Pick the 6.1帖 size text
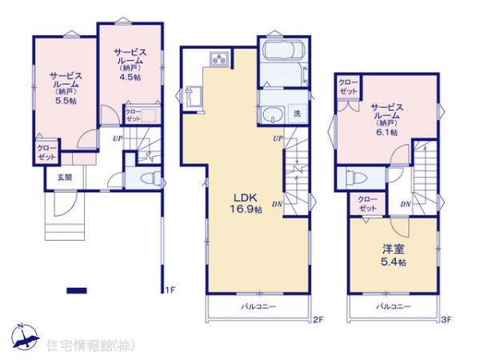[x=386, y=134]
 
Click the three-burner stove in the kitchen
[x=218, y=58]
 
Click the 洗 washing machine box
[x=296, y=114]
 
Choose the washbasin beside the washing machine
[x=271, y=113]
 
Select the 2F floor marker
[x=317, y=320]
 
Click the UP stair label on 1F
[x=118, y=138]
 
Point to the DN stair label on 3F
[x=406, y=205]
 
